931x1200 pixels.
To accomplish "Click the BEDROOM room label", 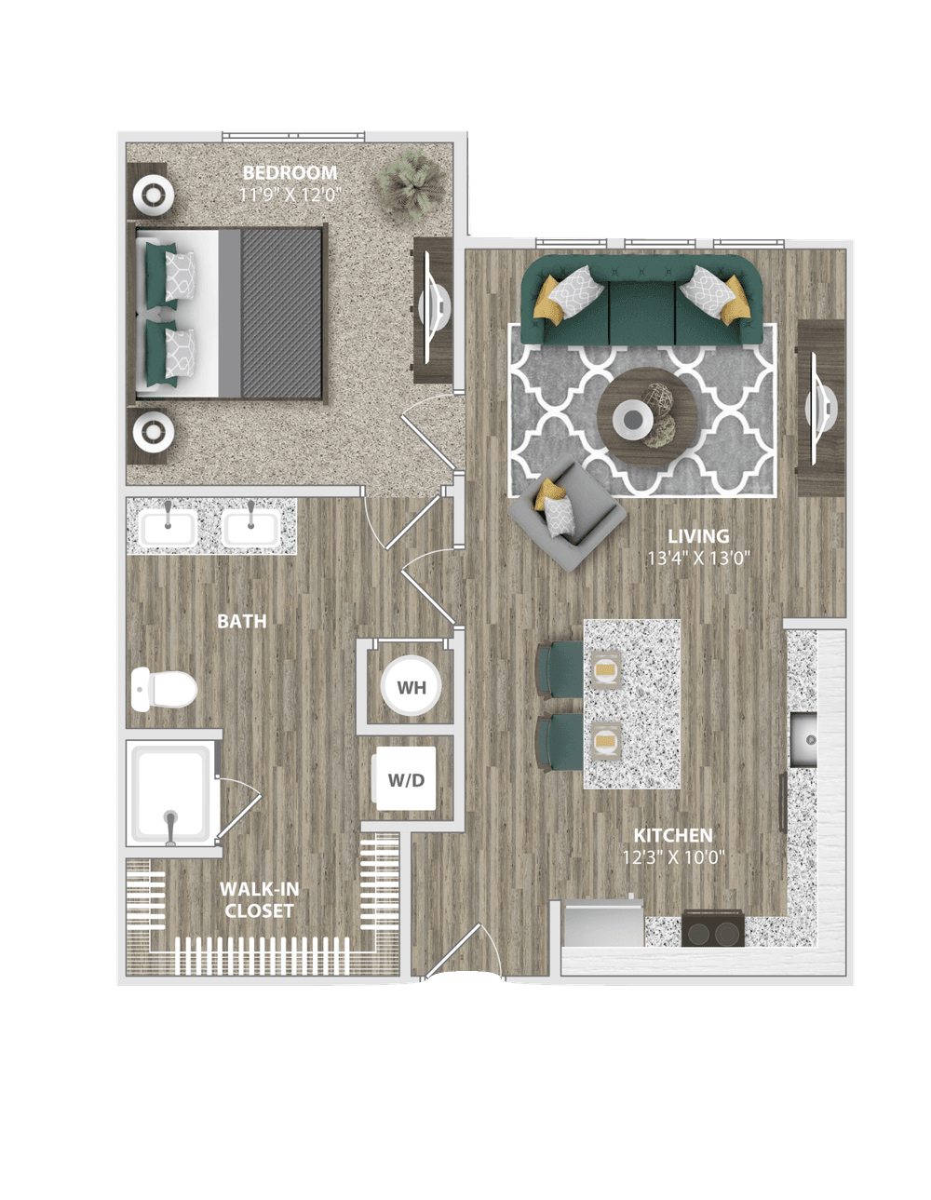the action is coord(290,173).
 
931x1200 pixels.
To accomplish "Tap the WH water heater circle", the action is coord(411,686).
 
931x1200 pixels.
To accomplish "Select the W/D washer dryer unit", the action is coord(405,779).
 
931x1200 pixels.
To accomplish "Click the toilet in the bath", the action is coord(164,689).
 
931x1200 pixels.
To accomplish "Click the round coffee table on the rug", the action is coord(647,417).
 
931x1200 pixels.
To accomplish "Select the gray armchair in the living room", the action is coord(567,514).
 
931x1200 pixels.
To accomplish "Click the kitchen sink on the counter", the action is coord(803,739).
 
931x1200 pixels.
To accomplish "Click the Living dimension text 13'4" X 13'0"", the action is coord(698,559).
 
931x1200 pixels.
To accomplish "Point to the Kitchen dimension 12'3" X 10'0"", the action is coord(673,857).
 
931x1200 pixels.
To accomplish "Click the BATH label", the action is coord(242,621).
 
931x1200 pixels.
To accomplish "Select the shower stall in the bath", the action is coord(173,793).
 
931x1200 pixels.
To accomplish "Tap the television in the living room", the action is coord(820,409).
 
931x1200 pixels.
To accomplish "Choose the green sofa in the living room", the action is coord(641,300).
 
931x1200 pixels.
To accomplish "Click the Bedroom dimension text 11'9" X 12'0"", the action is coord(290,195).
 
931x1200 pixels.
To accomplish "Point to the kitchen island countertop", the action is coord(632,704).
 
